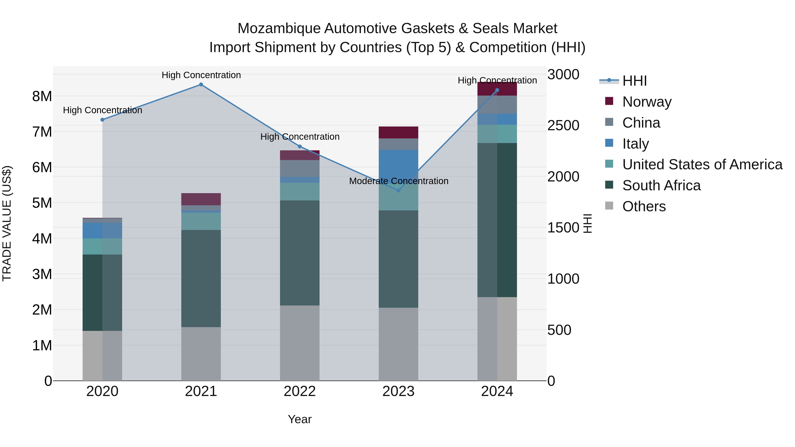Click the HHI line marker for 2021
(201, 85)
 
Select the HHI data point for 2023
(398, 190)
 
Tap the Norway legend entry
(647, 102)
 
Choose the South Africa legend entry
(661, 185)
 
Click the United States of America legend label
(702, 164)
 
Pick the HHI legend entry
(634, 81)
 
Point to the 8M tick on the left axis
(42, 96)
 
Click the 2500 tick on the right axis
(563, 126)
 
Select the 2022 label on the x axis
(299, 391)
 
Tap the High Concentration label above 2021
(201, 75)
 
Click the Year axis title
(299, 419)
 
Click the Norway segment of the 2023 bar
(398, 133)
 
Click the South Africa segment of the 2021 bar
(201, 278)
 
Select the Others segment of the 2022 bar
(299, 343)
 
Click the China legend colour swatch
(609, 122)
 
